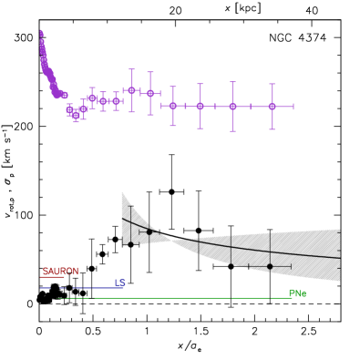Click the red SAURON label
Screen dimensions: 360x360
(x=60, y=272)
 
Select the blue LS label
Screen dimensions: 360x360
(x=119, y=283)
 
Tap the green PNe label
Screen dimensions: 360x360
(x=297, y=293)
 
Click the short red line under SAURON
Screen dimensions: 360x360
(x=53, y=277)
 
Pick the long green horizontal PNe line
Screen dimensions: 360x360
(x=173, y=298)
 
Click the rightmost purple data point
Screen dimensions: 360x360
(x=272, y=107)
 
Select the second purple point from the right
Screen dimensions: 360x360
(x=232, y=107)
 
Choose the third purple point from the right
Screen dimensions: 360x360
(x=200, y=106)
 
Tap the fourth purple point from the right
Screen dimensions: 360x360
(x=172, y=106)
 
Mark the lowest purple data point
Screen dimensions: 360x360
(x=76, y=115)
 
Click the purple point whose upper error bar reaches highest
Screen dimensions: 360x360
(x=131, y=90)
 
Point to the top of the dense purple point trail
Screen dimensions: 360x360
(x=41, y=33)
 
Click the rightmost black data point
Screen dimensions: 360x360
(x=270, y=266)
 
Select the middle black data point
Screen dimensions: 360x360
(x=149, y=231)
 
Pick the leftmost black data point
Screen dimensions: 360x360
(x=133, y=243)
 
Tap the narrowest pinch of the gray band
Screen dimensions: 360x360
(x=173, y=239)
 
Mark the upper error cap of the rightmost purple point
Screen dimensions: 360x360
(x=272, y=84)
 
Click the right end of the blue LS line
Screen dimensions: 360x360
(x=122, y=288)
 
